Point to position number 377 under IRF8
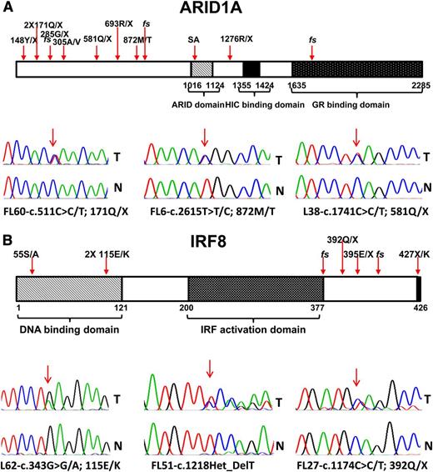pyautogui.click(x=321, y=310)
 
